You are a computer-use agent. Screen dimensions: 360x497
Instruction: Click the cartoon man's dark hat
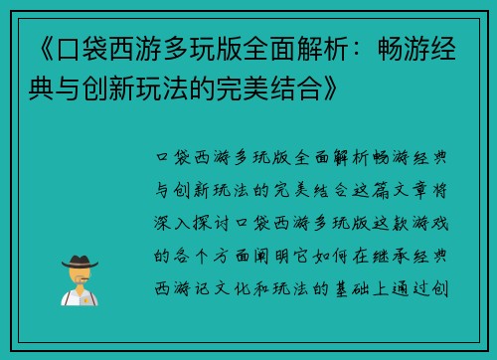click(79, 262)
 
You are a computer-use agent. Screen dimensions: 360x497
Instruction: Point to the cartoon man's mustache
click(79, 279)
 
